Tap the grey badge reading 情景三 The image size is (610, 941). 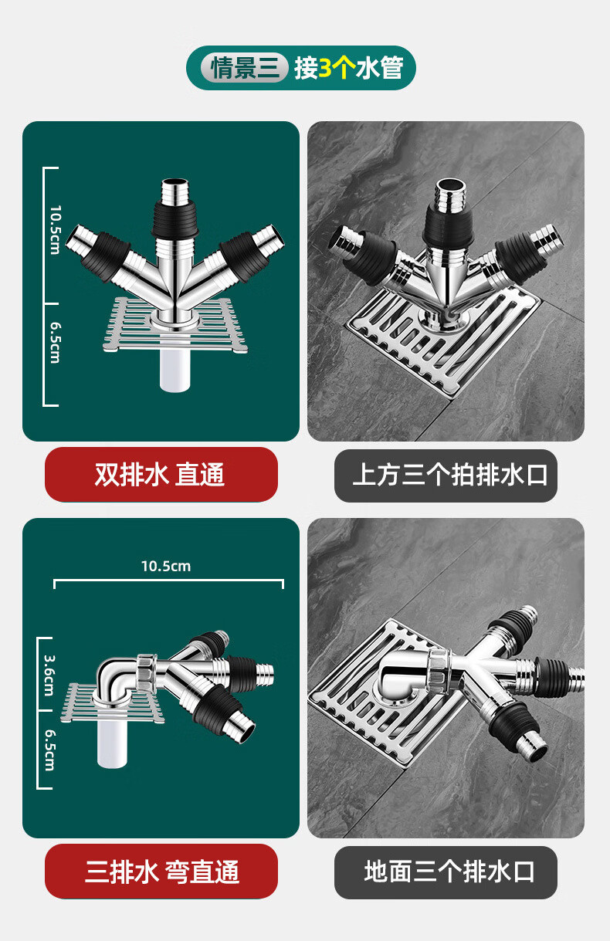pyautogui.click(x=244, y=68)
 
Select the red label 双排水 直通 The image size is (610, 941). pyautogui.click(x=161, y=474)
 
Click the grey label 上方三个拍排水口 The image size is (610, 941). pyautogui.click(x=446, y=476)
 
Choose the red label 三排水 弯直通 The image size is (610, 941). pyautogui.click(x=161, y=872)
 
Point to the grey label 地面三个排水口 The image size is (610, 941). pyautogui.click(x=446, y=872)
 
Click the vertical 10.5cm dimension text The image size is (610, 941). pyautogui.click(x=56, y=230)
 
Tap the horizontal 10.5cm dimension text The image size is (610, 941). pyautogui.click(x=166, y=567)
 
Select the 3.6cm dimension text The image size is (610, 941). pyautogui.click(x=49, y=675)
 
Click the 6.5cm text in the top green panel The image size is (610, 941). pyautogui.click(x=56, y=343)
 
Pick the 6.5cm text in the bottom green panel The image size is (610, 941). pyautogui.click(x=49, y=750)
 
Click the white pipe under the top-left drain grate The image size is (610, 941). pyautogui.click(x=175, y=370)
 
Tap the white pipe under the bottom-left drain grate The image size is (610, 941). pyautogui.click(x=112, y=744)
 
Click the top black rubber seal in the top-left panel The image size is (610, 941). pyautogui.click(x=175, y=219)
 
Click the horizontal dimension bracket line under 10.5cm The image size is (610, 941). pyautogui.click(x=168, y=581)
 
